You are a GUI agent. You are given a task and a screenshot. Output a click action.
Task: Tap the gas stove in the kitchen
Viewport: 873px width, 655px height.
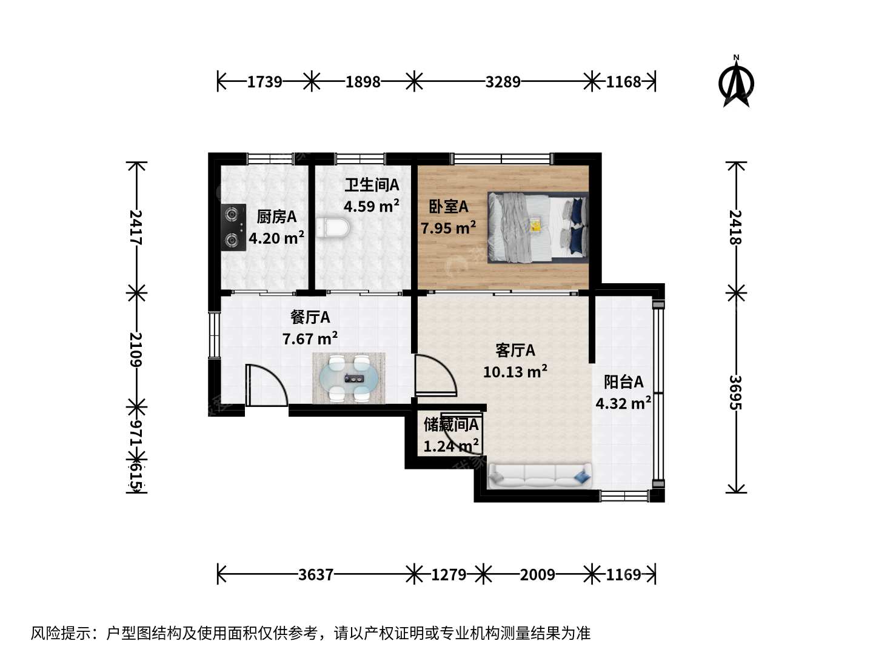(x=233, y=227)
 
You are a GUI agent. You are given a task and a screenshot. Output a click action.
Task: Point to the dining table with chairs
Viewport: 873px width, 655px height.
(x=349, y=378)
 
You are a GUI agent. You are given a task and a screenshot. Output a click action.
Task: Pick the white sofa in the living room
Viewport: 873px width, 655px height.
(x=540, y=475)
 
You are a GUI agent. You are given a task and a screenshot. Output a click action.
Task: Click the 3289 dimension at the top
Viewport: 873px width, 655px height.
(x=503, y=82)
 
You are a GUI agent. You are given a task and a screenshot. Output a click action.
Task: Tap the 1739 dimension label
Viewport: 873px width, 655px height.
(x=264, y=82)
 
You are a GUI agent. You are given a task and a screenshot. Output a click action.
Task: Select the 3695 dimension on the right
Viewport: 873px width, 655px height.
(x=736, y=392)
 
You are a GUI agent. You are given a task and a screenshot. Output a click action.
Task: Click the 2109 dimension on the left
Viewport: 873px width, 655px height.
(x=136, y=349)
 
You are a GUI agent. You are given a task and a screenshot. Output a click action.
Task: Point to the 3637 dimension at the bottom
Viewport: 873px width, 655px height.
(x=316, y=575)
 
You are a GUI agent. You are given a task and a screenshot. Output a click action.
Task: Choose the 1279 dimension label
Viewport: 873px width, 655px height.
(x=449, y=575)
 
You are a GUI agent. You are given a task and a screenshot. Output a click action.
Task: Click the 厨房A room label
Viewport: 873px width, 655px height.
(x=276, y=217)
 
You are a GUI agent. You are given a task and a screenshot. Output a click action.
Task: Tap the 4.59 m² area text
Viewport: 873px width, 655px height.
(x=372, y=206)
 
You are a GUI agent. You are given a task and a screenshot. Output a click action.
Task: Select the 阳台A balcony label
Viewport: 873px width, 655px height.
(x=624, y=382)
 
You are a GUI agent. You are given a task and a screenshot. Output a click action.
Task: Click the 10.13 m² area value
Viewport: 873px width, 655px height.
(x=515, y=371)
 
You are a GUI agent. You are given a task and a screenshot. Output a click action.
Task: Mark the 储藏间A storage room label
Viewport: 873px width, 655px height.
(x=451, y=425)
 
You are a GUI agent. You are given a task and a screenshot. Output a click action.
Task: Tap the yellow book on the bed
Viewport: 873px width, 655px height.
(x=535, y=226)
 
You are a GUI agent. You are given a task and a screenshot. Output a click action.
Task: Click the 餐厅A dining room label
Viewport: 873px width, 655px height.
(x=310, y=317)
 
